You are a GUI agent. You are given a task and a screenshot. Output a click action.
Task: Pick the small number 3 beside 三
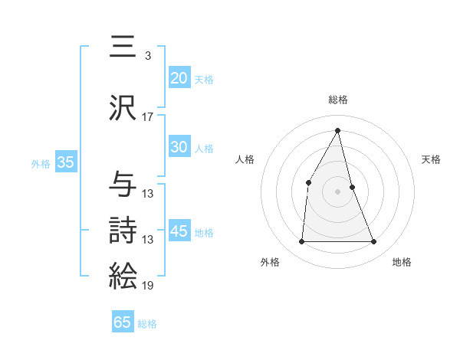point(147,56)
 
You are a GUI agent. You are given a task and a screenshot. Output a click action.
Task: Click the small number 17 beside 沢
point(148,117)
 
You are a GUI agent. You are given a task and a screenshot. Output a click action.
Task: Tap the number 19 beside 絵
point(148,286)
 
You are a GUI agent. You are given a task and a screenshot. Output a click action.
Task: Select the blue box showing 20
point(179,78)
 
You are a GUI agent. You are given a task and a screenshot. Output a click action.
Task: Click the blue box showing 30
point(179,147)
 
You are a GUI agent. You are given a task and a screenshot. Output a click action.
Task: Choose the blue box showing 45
point(179,231)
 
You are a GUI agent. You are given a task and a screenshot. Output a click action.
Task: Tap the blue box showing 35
point(66,162)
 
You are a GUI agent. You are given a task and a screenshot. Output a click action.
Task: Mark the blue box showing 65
point(123,322)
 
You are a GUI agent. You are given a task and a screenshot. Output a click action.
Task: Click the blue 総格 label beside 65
point(147,324)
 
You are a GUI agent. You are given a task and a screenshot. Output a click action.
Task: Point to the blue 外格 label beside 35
point(41,164)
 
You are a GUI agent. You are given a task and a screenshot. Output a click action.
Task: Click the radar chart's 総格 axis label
point(337,100)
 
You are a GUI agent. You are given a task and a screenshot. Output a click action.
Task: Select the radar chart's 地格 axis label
point(402,262)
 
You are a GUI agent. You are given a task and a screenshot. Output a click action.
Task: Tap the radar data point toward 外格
point(301,242)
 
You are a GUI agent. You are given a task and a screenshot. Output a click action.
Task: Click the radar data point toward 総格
point(337,129)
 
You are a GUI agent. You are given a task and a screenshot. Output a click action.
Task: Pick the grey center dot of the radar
point(337,191)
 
